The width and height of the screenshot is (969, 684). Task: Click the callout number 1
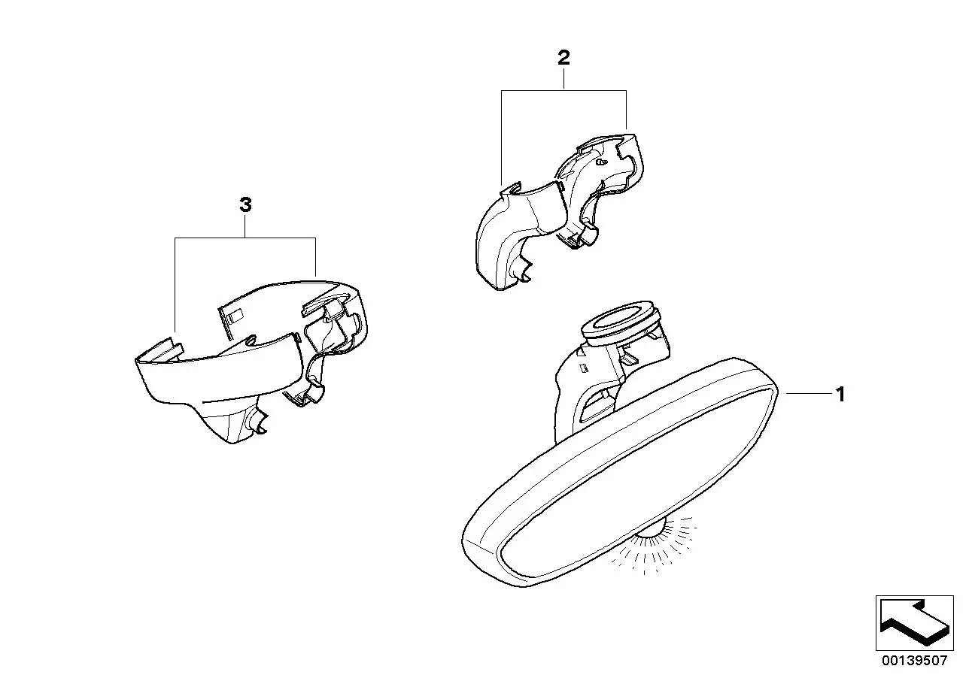[840, 394]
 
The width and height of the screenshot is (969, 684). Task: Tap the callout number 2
[563, 57]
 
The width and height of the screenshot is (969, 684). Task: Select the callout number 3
[245, 204]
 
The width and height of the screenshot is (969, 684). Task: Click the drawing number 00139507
[915, 660]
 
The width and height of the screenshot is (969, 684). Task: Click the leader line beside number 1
[810, 393]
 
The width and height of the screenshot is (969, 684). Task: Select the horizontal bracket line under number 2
[563, 91]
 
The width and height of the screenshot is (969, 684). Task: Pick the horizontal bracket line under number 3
[245, 238]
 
